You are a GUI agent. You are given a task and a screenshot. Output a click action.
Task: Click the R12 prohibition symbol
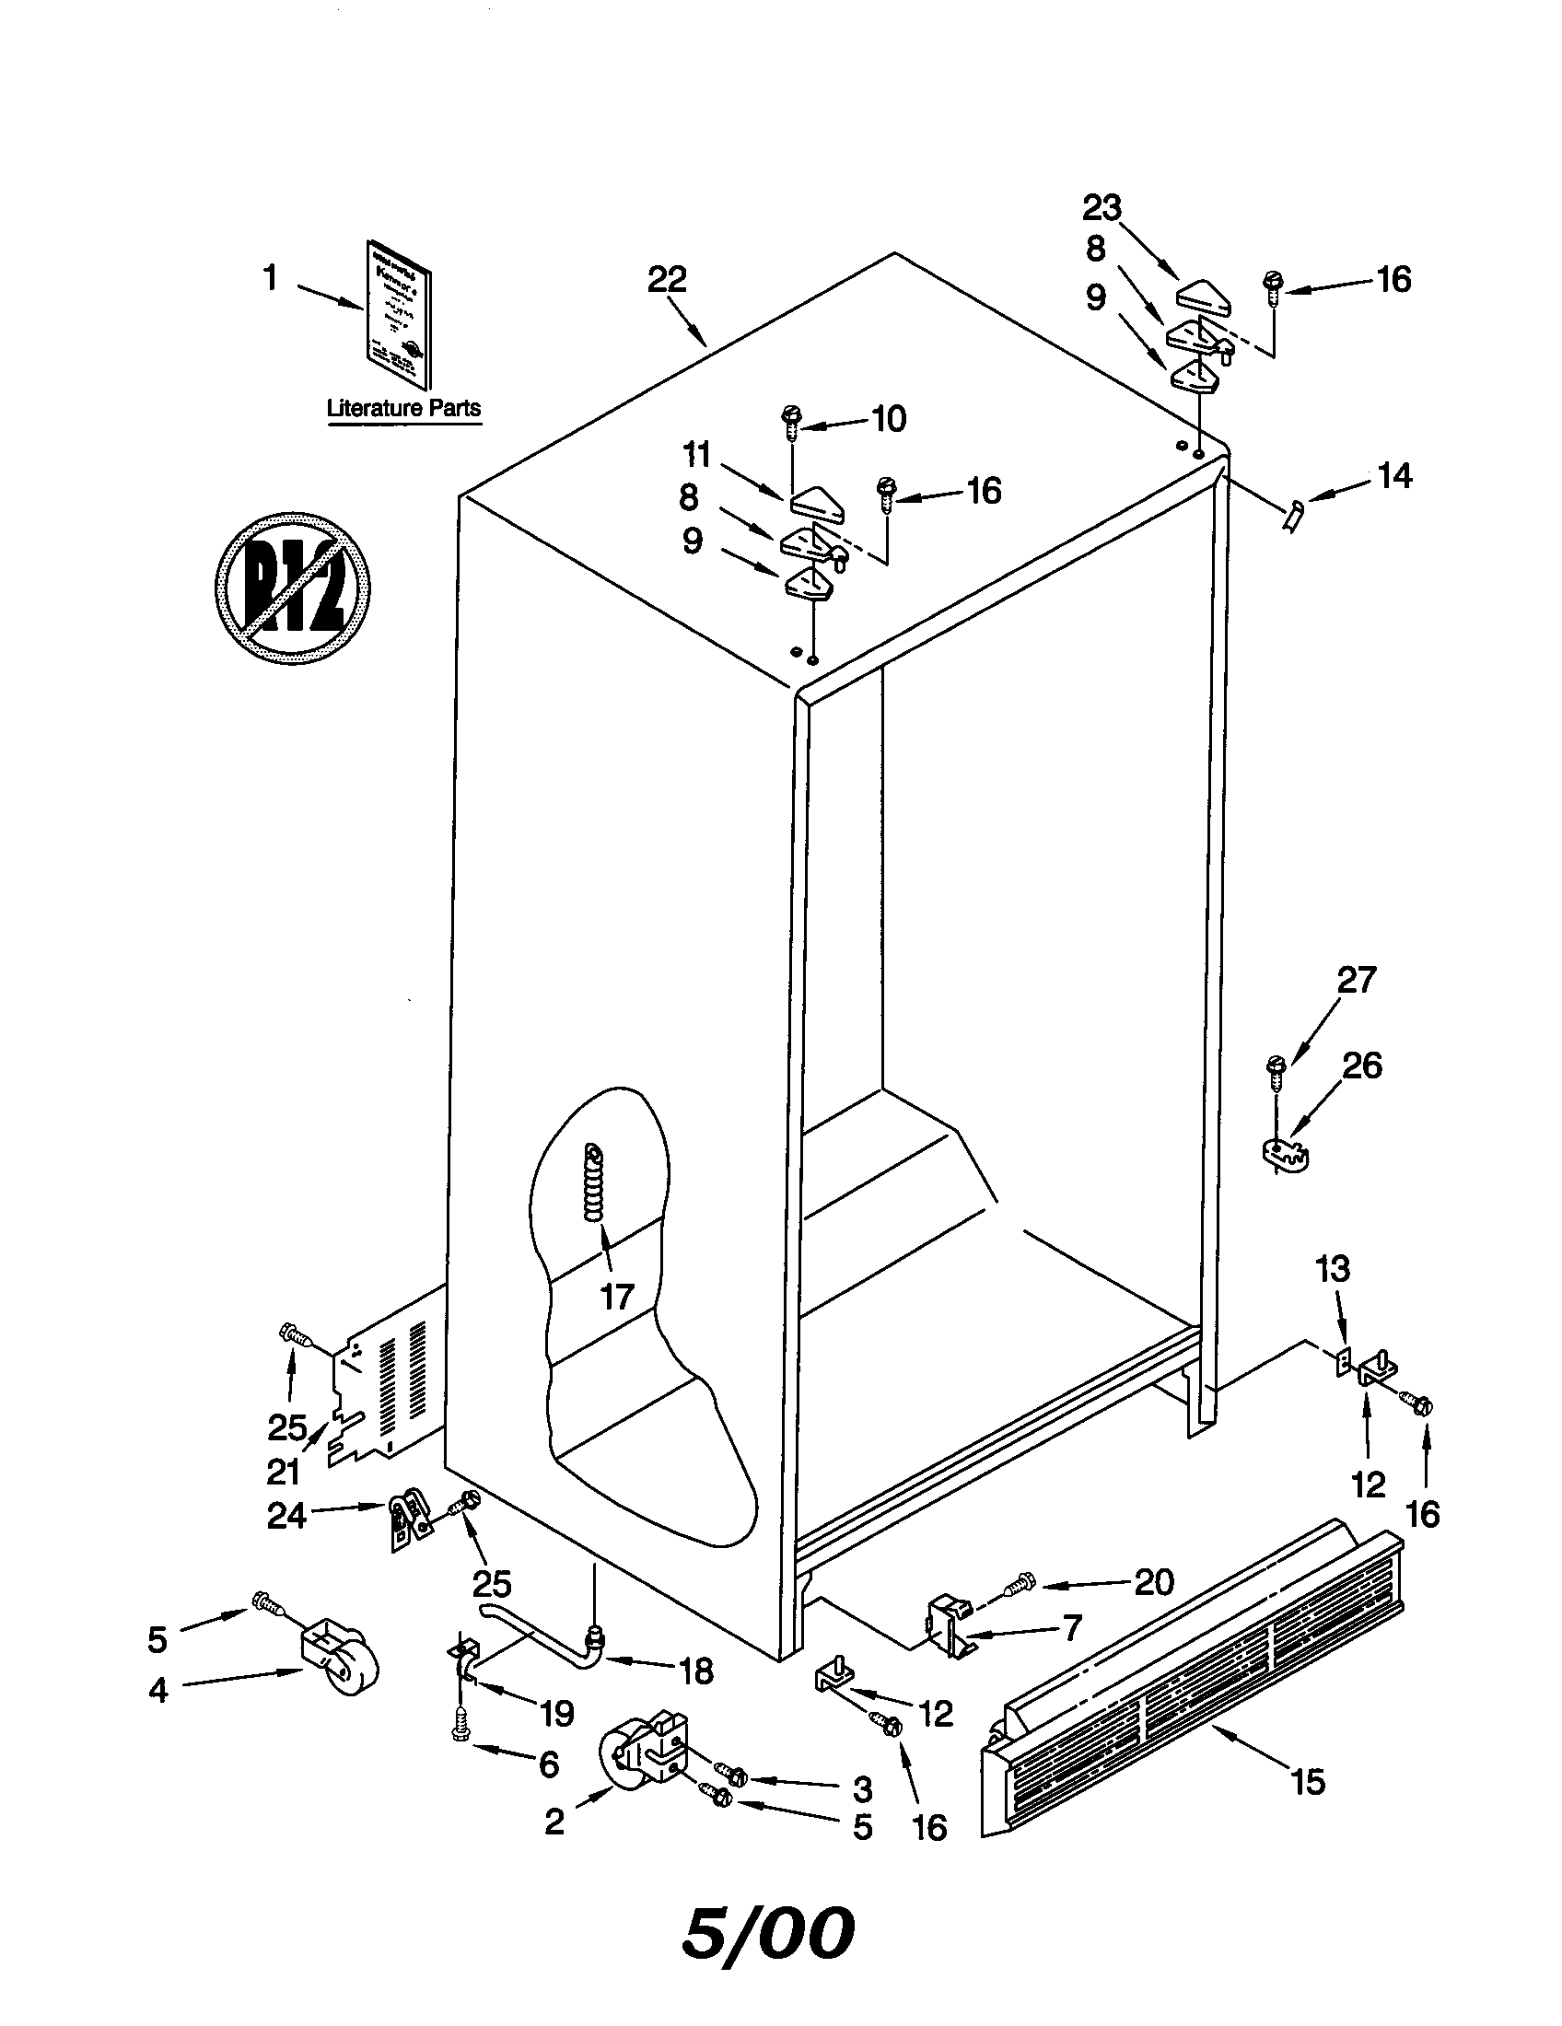pos(292,587)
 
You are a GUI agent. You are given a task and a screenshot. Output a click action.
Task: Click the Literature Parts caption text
pos(403,408)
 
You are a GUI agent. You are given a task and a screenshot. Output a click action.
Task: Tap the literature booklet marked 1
pos(396,327)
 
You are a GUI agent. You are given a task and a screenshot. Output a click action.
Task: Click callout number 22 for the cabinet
pos(666,279)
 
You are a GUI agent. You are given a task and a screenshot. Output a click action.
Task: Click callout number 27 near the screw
pos(1356,981)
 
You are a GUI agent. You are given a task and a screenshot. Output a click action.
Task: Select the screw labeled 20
pos(1018,1589)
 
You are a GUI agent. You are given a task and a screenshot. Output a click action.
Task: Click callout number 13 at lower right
pos(1333,1269)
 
